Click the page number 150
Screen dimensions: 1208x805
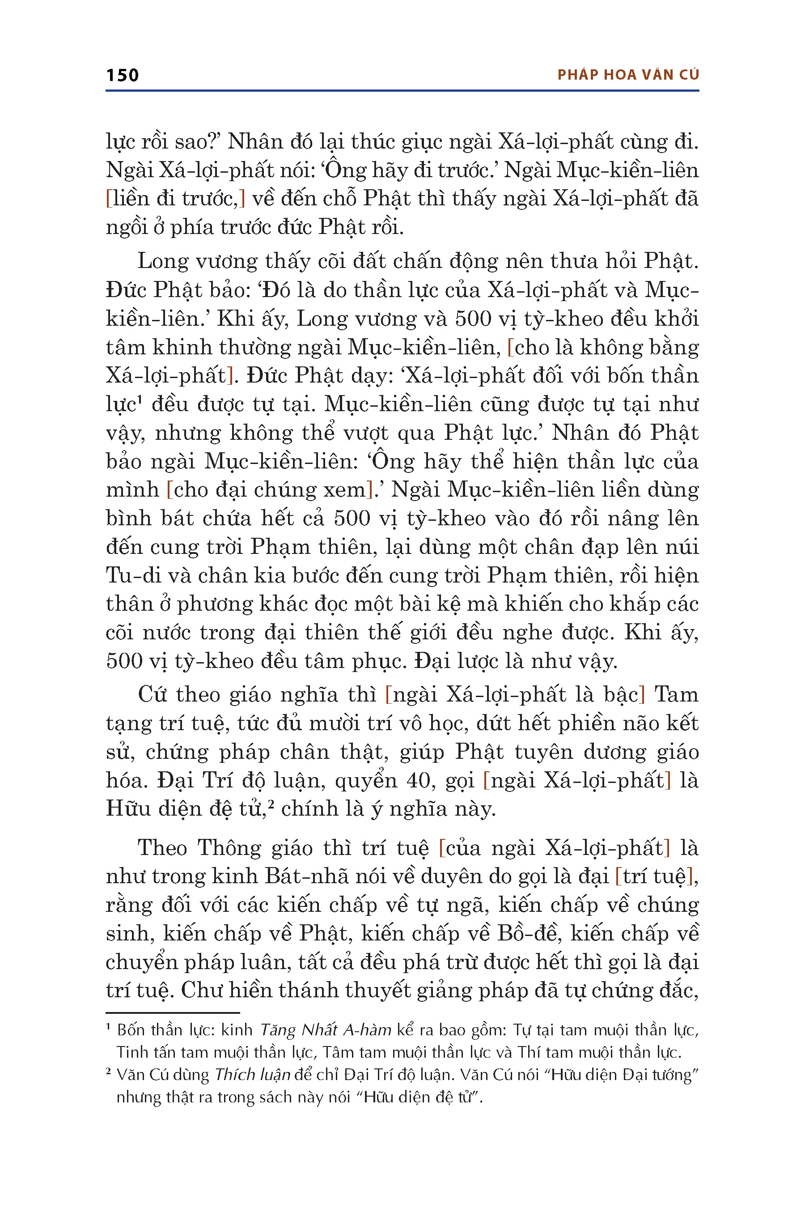point(122,76)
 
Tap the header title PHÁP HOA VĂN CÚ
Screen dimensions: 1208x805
point(628,75)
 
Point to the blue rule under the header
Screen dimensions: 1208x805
point(402,91)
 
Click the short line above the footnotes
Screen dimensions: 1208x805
point(173,1013)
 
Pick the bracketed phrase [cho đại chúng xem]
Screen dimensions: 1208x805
point(270,489)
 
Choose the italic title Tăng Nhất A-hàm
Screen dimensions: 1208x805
point(326,1030)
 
